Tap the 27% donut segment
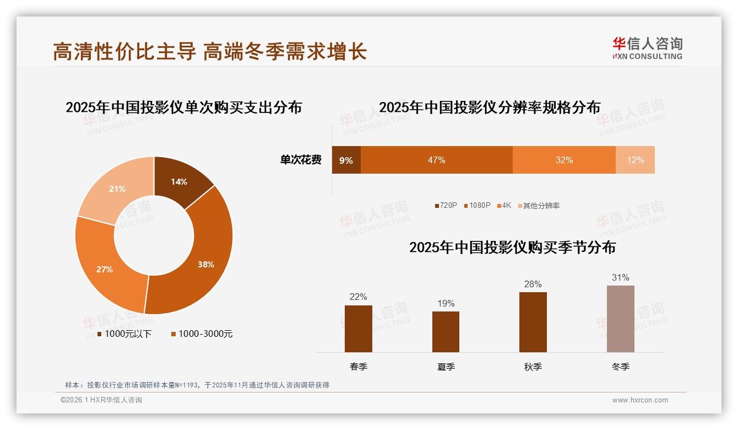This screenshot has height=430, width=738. click(x=106, y=268)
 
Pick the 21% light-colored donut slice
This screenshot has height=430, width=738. click(x=117, y=189)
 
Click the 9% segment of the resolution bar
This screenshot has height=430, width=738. click(x=346, y=160)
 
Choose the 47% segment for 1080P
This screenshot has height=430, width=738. click(x=436, y=160)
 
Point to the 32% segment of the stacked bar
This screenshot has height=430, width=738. click(x=564, y=160)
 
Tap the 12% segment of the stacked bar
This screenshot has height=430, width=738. click(x=635, y=160)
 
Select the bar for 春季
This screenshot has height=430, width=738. click(x=358, y=329)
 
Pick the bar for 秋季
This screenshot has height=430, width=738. click(x=533, y=322)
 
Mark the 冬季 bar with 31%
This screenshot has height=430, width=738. click(x=620, y=319)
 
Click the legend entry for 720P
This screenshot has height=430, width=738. click(x=446, y=206)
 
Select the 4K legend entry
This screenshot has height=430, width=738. click(x=504, y=206)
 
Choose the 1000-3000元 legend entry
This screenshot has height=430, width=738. click(x=202, y=334)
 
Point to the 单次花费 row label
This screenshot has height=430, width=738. click(x=301, y=160)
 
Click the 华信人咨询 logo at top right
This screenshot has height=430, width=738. click(x=647, y=48)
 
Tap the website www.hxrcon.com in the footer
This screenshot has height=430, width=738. click(x=640, y=400)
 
